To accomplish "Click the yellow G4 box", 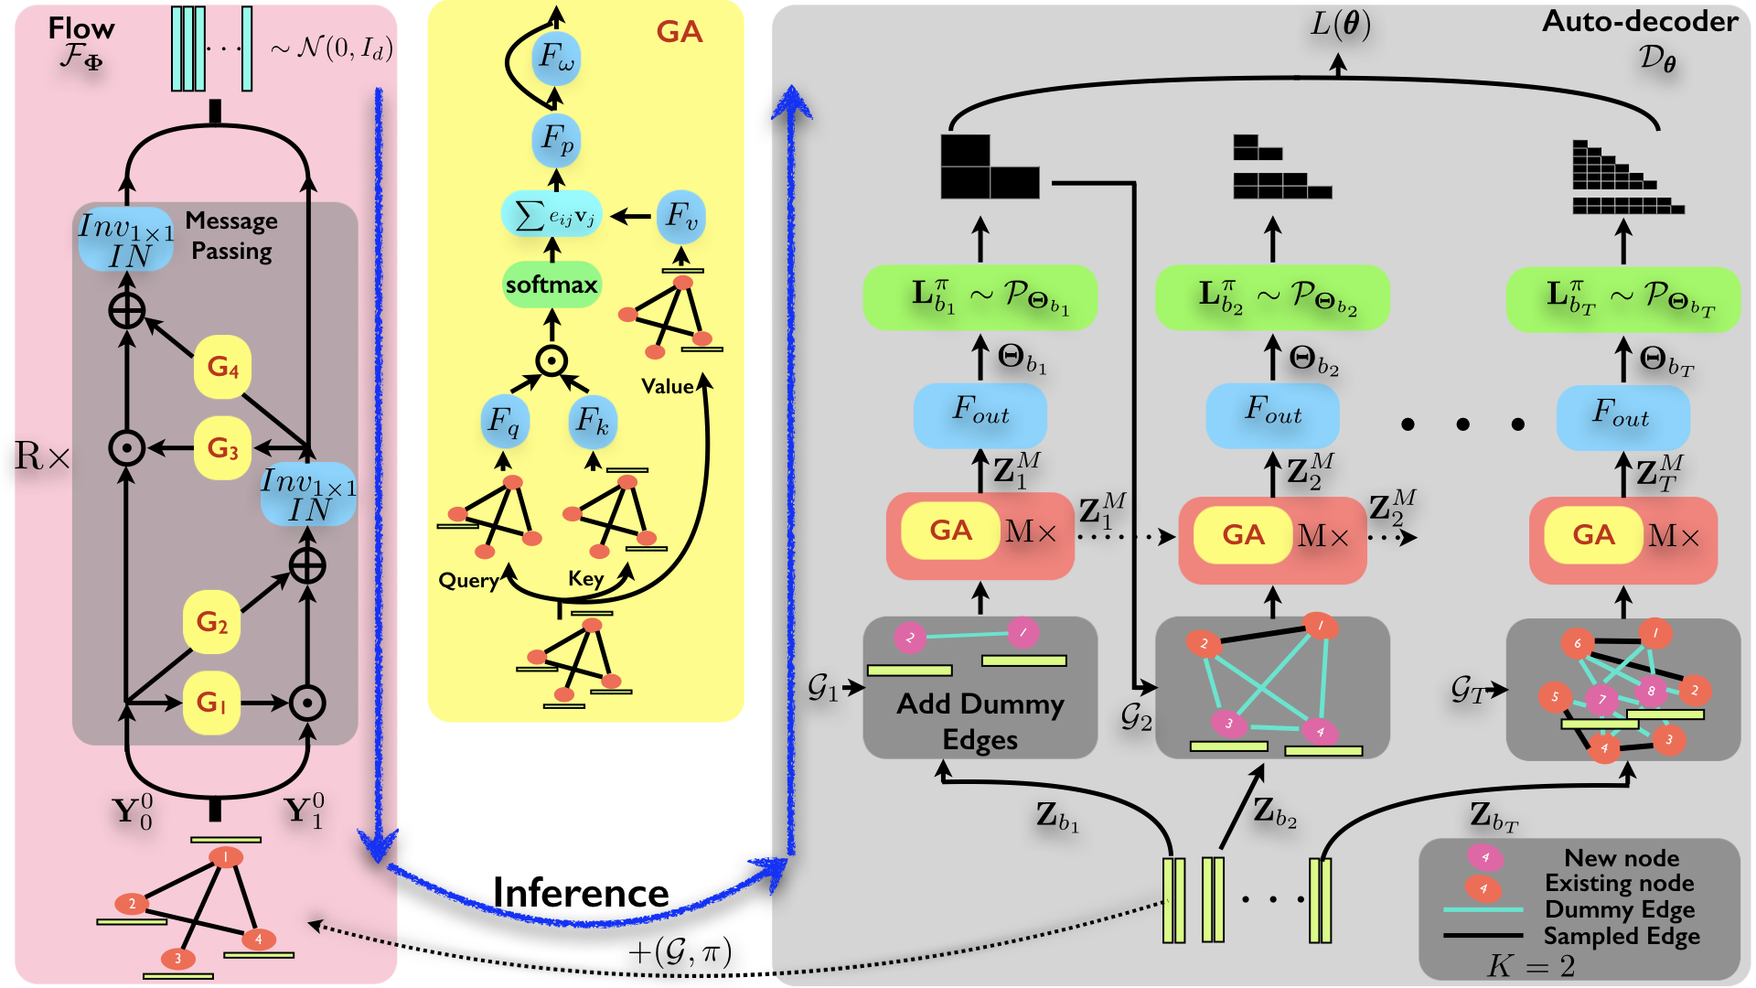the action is (222, 367).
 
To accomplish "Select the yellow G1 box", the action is (211, 703).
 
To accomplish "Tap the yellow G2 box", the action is (211, 622).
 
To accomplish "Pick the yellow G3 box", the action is (222, 448).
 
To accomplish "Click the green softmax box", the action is (551, 285).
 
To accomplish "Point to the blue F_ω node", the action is (557, 58).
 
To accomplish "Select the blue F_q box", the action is (504, 422).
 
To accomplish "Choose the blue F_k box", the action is (593, 422).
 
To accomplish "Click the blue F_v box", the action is (681, 217).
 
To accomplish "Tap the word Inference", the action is (581, 893).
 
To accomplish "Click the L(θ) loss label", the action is (1340, 25).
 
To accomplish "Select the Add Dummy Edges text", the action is (980, 721).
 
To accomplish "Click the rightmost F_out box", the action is (1623, 417).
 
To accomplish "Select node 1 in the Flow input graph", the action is (225, 857).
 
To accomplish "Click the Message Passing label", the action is (231, 236).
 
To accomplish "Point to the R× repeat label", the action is (42, 456).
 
